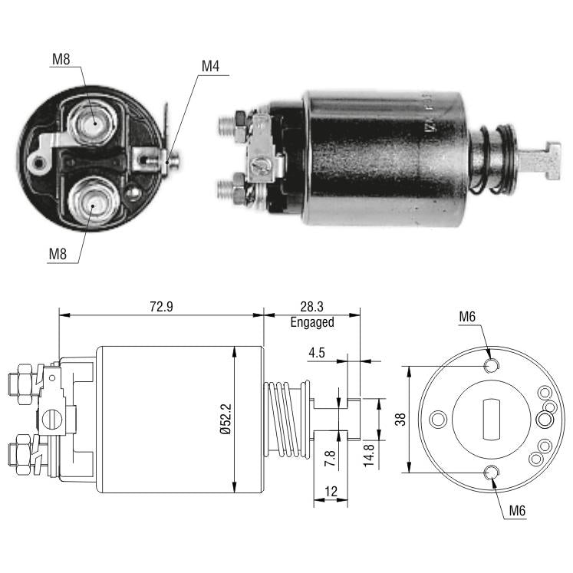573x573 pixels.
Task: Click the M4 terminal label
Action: point(210,67)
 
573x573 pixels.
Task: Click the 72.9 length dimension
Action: point(161,306)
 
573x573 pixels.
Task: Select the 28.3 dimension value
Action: point(311,306)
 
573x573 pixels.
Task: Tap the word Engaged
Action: point(312,322)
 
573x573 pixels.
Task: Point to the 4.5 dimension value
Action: point(317,353)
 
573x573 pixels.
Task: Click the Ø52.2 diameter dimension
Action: point(226,419)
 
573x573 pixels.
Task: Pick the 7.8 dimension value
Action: point(330,458)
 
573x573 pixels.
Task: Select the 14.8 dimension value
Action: point(368,456)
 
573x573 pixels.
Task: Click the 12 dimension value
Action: point(331,491)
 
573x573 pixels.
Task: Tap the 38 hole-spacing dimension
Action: point(400,419)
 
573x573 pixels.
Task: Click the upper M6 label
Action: point(467,317)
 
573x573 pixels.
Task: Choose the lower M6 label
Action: point(517,511)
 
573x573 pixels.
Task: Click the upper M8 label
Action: point(61,59)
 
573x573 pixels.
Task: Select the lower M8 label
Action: point(58,254)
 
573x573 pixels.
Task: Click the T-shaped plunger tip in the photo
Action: point(540,161)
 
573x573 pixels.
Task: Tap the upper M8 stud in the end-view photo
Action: point(93,123)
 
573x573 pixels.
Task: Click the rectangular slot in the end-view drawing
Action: point(492,419)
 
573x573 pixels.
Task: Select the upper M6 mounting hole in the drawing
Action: point(491,365)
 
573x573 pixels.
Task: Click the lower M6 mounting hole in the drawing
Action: point(491,473)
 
